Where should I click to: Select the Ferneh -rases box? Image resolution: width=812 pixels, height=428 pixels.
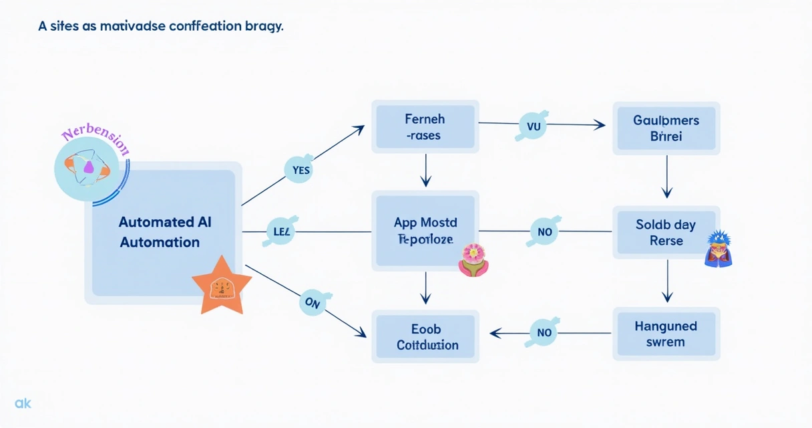425,127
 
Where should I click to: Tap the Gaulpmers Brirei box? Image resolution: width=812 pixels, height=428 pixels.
666,128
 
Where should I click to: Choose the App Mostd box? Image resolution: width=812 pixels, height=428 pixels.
425,231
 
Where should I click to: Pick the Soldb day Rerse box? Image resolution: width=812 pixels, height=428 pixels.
666,232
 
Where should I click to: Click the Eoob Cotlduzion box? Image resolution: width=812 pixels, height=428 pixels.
425,336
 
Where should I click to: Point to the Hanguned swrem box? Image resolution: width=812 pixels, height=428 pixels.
666,334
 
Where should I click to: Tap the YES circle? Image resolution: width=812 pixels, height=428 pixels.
301,170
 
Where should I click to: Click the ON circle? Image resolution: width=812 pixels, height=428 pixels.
313,302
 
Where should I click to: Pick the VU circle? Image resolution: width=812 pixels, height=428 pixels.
533,125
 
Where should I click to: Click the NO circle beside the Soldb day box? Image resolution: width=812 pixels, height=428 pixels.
544,231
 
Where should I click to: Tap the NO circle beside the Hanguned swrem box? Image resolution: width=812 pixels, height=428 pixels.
544,332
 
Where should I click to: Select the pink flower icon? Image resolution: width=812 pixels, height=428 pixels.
473,259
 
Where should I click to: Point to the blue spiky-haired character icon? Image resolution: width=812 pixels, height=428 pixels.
718,249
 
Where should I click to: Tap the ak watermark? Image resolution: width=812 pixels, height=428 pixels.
23,403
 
